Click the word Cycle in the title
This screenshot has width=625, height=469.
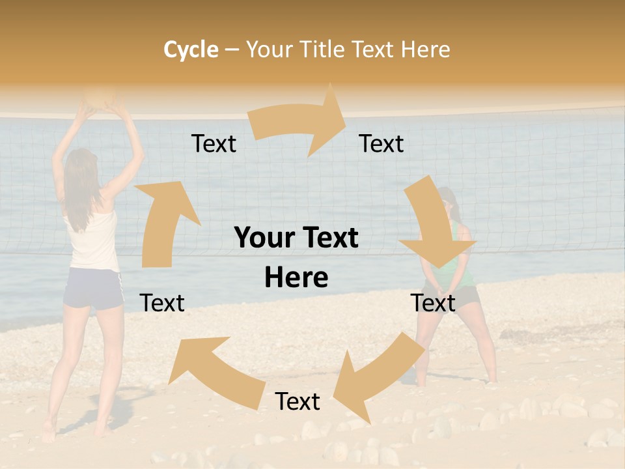191,49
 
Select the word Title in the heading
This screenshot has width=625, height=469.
321,49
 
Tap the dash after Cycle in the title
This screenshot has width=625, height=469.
232,50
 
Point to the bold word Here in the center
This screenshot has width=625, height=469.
296,277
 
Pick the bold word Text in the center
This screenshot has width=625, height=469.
327,238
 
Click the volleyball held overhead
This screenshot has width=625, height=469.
101,97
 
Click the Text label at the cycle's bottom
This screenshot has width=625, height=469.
298,401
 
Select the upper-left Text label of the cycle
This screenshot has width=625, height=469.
214,143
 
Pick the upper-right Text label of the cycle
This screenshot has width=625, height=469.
382,143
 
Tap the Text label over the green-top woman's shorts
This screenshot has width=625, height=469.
433,303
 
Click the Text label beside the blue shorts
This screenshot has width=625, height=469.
162,303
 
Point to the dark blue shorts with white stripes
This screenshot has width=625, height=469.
93,288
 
